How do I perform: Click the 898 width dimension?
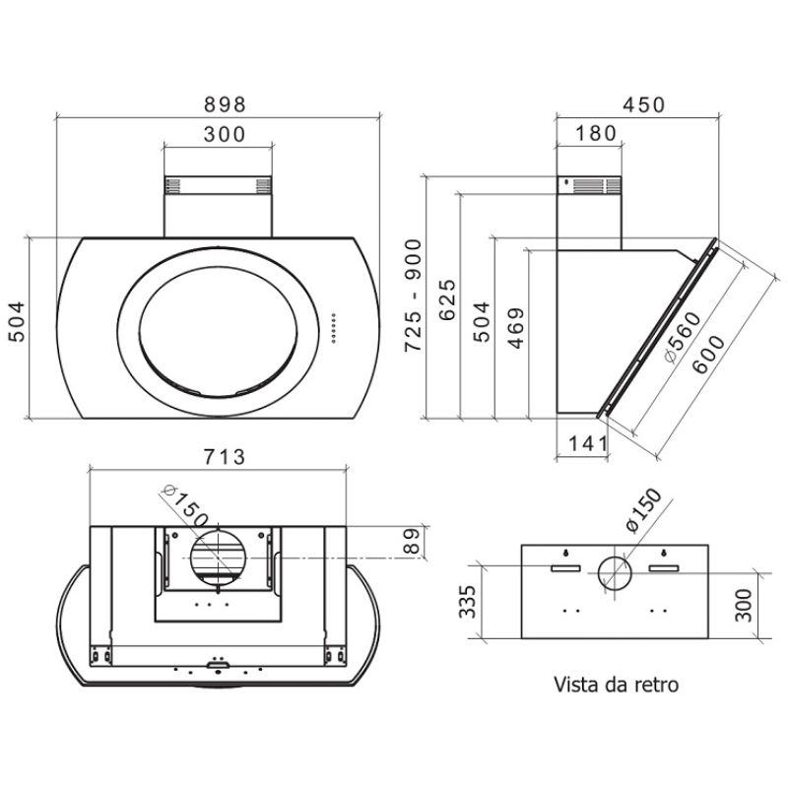click(226, 104)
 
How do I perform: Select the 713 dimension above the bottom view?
click(225, 457)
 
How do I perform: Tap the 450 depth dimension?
click(644, 104)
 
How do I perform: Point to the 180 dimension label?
click(596, 133)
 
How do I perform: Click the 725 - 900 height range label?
click(414, 295)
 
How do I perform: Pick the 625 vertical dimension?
click(447, 299)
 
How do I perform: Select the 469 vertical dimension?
click(516, 328)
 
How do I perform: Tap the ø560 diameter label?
click(682, 338)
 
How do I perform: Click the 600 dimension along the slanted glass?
click(708, 355)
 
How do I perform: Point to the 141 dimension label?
click(588, 444)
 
